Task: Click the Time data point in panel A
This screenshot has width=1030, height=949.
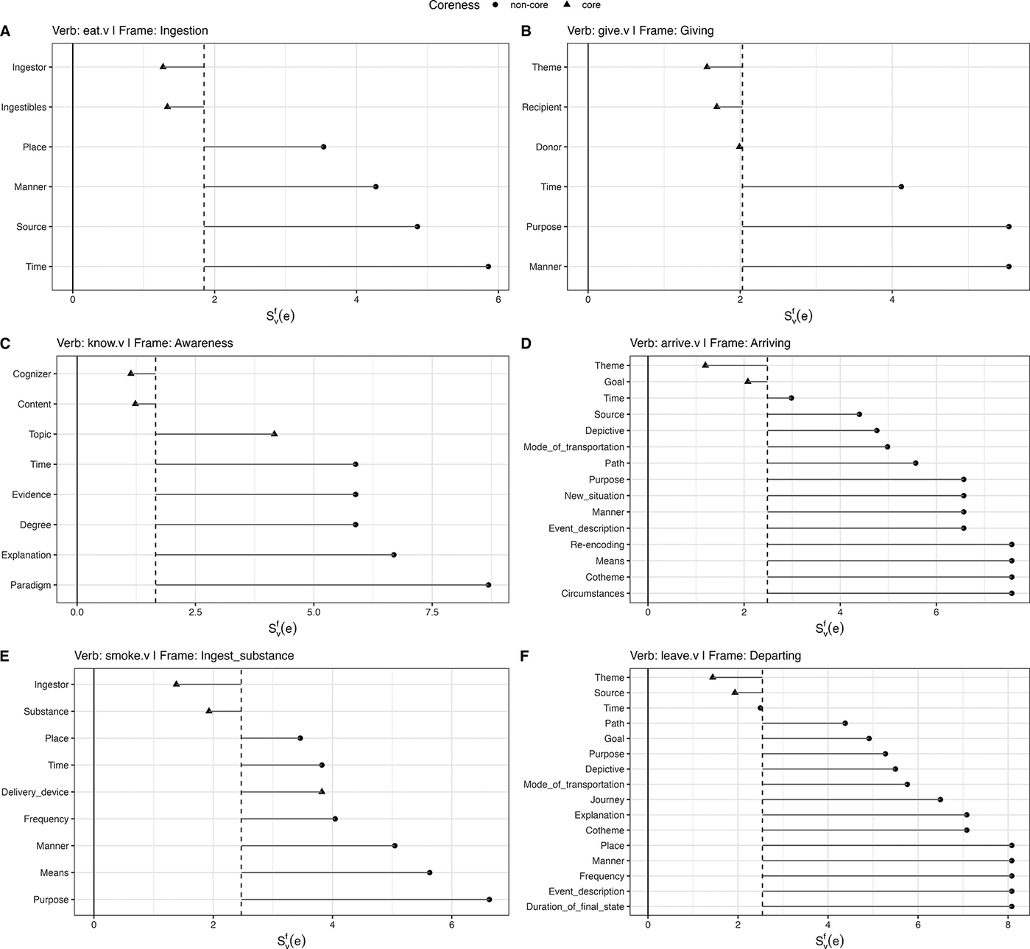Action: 488,266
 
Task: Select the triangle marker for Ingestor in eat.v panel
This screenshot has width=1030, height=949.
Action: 163,66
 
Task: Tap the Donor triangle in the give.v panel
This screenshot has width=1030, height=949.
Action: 739,147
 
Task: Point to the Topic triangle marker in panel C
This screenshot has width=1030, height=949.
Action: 274,433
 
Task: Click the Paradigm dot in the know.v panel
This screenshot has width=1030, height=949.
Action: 488,584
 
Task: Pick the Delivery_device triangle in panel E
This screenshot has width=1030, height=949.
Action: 322,791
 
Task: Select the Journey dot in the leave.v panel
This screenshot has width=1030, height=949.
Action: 940,799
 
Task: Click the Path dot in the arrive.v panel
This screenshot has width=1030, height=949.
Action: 915,463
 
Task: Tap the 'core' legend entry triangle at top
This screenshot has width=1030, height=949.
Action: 569,4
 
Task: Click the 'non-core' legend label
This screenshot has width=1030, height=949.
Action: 529,5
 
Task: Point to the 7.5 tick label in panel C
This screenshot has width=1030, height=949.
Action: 432,612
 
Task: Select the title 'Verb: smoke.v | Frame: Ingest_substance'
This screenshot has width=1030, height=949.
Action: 184,656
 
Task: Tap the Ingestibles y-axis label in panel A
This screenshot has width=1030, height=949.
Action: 24,107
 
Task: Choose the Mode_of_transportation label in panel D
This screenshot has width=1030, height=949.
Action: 574,447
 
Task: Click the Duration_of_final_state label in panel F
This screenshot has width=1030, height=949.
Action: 575,907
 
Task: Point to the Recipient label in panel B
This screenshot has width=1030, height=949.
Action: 542,107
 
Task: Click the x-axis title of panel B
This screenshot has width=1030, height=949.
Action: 798,315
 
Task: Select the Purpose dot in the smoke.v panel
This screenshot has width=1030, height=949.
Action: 489,899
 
